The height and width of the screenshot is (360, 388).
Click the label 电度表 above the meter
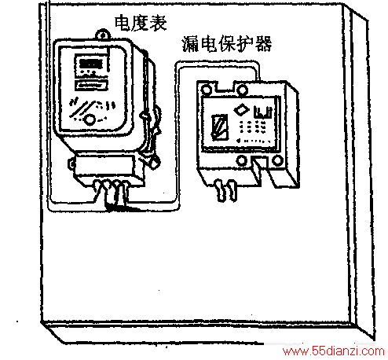[x=141, y=23]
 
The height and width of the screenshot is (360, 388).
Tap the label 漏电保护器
[x=227, y=43]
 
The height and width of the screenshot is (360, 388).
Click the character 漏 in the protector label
[x=190, y=44]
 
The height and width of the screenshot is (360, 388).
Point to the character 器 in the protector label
[x=264, y=43]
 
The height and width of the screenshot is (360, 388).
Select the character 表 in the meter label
[x=158, y=23]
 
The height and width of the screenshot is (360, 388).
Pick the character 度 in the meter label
[x=141, y=23]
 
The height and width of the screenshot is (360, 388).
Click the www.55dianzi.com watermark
[x=334, y=351]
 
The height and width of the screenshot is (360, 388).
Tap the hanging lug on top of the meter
[x=102, y=34]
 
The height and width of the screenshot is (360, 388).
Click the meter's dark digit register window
[x=90, y=64]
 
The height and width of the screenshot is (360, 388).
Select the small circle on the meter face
[x=90, y=119]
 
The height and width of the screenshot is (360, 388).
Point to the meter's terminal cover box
[x=104, y=166]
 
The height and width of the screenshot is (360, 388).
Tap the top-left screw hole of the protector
[x=207, y=90]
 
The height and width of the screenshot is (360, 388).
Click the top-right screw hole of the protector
[x=242, y=90]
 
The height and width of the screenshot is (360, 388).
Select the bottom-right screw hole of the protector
[x=277, y=160]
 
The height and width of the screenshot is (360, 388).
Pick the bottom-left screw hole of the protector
[x=241, y=160]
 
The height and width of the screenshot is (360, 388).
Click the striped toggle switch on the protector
[x=219, y=127]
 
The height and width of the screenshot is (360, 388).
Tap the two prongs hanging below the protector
[x=225, y=190]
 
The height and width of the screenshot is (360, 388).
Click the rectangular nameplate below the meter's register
[x=91, y=85]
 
